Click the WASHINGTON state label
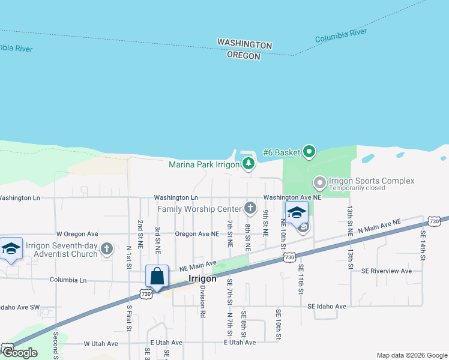[244, 45]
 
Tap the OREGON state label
[244, 56]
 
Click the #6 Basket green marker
[309, 151]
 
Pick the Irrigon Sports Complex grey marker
[319, 181]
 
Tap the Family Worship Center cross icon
[252, 208]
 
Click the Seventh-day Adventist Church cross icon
[107, 249]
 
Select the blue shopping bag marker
[157, 277]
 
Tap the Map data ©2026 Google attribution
[412, 355]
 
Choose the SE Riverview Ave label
[387, 271]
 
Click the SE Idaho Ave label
[327, 307]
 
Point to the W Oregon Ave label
[77, 233]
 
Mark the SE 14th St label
[423, 245]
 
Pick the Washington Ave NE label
[292, 197]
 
